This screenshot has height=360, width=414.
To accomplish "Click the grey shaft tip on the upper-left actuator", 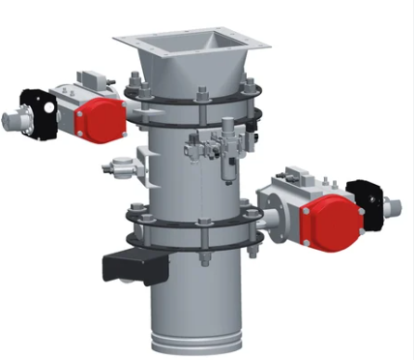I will click(12, 121).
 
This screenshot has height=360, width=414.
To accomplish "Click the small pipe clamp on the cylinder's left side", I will click(122, 166).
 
